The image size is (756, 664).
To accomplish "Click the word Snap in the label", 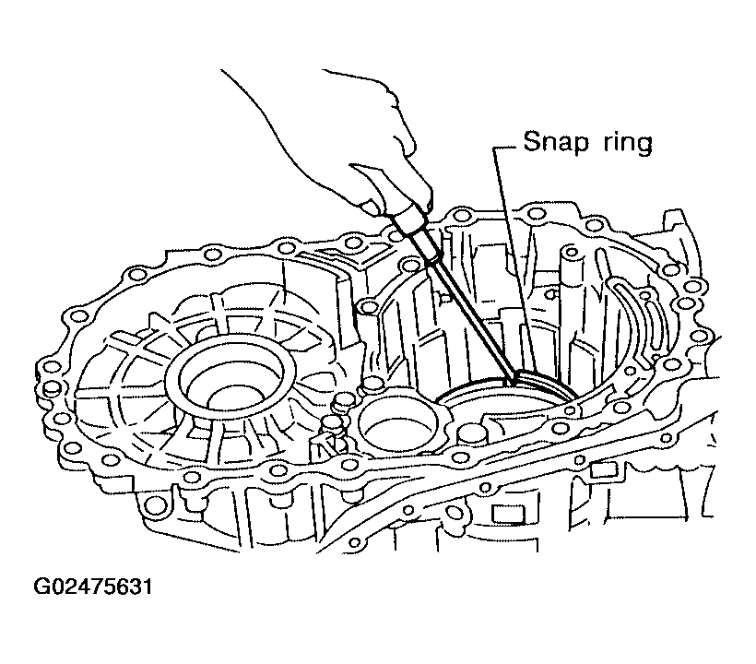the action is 556,143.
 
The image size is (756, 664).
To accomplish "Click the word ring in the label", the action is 628,144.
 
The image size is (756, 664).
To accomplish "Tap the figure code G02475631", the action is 92,587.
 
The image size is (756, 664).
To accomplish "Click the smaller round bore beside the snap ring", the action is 397,420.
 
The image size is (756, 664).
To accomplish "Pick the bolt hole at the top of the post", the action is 571,251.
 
